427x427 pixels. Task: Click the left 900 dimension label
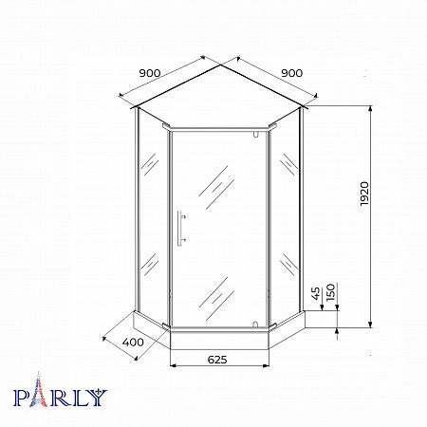tap(150, 73)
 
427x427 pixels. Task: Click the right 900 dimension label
tap(291, 73)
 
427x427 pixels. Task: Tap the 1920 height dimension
tap(364, 194)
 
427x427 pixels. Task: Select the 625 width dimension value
tap(217, 360)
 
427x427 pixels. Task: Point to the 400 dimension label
tap(133, 343)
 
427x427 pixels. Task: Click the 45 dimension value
tap(316, 294)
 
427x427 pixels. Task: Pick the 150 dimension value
tap(330, 292)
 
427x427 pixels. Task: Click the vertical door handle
tap(180, 228)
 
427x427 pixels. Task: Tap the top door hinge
tap(255, 134)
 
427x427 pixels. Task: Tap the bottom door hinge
tap(255, 325)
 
